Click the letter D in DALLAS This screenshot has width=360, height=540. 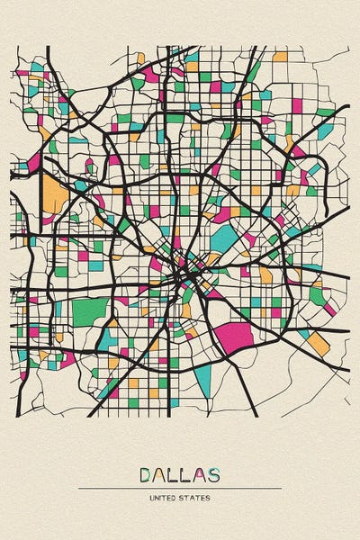coord(147,474)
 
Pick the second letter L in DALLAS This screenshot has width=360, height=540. coord(186,474)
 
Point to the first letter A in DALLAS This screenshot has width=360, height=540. coord(160,474)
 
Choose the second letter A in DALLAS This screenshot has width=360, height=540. coord(199,474)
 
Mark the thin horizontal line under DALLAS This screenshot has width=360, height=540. coord(180,488)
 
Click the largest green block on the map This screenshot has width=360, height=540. coord(89,312)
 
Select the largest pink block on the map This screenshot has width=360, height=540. coord(237,334)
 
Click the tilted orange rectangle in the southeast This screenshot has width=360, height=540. coord(319,343)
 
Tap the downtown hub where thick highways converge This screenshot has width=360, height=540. coord(184,267)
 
